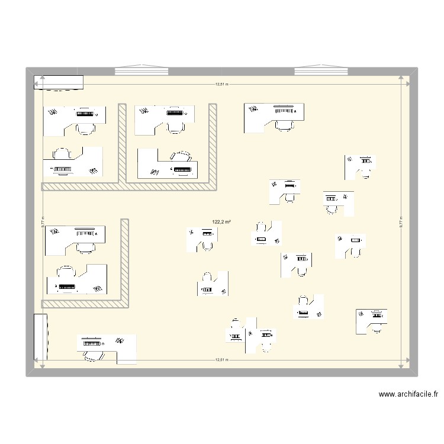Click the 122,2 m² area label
221,222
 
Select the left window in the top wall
140,71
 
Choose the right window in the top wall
321,71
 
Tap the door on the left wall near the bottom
41,336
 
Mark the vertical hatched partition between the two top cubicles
123,142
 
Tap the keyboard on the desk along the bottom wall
92,342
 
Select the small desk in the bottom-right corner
371,320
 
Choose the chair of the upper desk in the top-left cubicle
86,127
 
